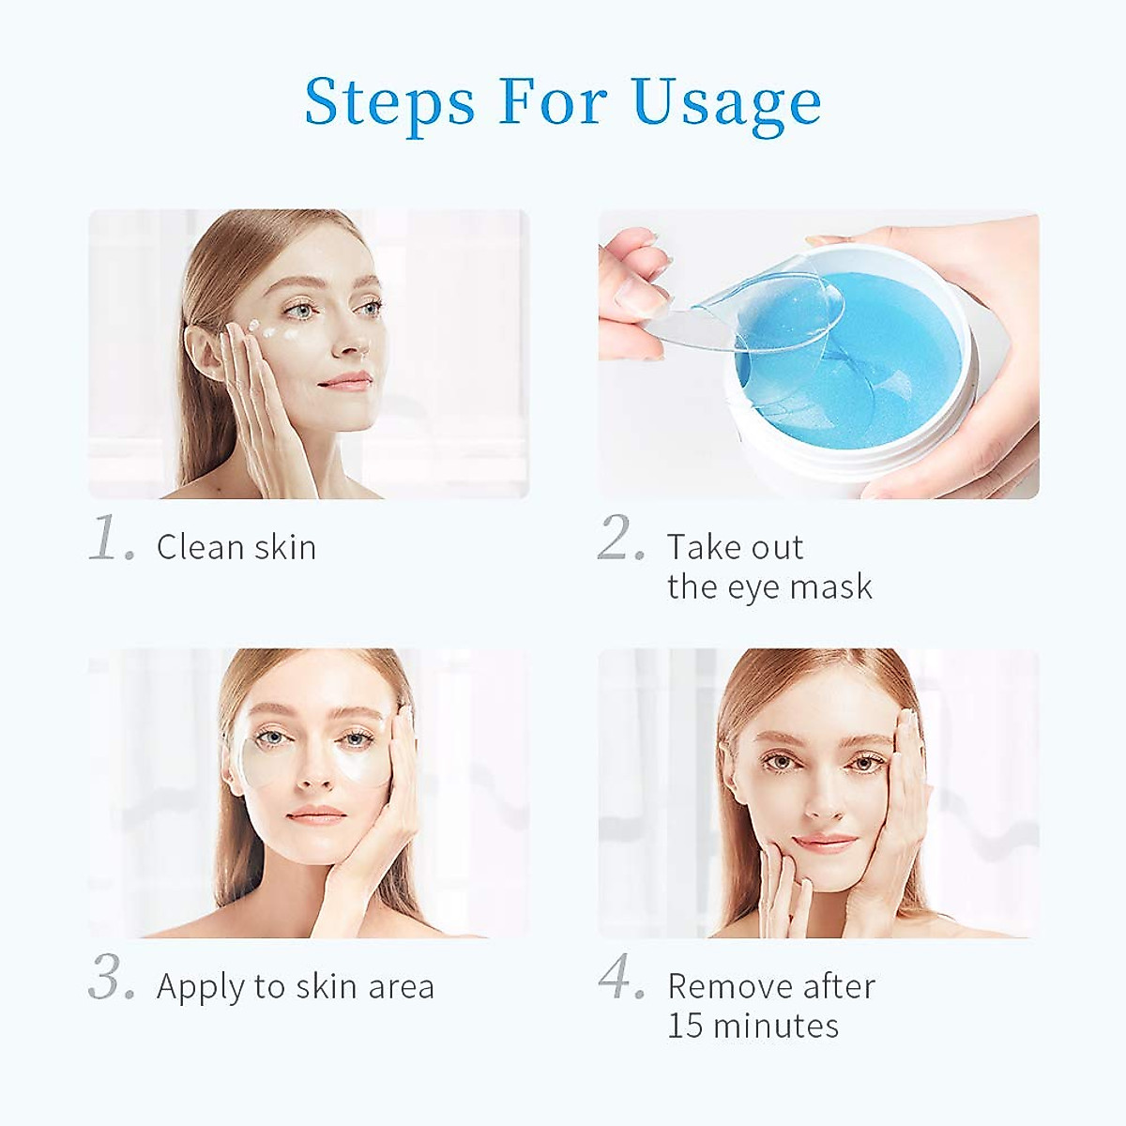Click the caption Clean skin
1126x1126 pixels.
(236, 547)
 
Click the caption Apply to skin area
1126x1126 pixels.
(296, 986)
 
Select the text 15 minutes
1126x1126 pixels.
(753, 1026)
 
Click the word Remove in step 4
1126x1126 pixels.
(721, 986)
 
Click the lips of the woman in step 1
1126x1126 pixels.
(347, 380)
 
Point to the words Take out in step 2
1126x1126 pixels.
(735, 547)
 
